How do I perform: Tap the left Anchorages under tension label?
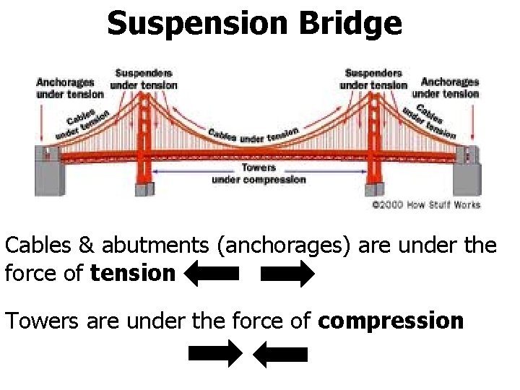[70, 88]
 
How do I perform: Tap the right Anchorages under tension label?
[449, 88]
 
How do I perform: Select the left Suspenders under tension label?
[143, 79]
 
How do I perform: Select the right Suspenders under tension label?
[373, 79]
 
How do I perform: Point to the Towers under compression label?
[259, 174]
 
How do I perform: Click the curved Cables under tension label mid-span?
[253, 135]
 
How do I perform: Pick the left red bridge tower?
[144, 144]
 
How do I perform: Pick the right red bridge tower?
[373, 144]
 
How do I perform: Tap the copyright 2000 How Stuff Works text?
[425, 205]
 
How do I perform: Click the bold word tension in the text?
[133, 274]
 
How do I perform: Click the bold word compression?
[391, 320]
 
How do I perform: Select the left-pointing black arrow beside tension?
[212, 274]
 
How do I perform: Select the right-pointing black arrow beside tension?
[287, 274]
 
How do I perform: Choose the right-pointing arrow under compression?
[214, 354]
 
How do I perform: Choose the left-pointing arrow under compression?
[281, 354]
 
